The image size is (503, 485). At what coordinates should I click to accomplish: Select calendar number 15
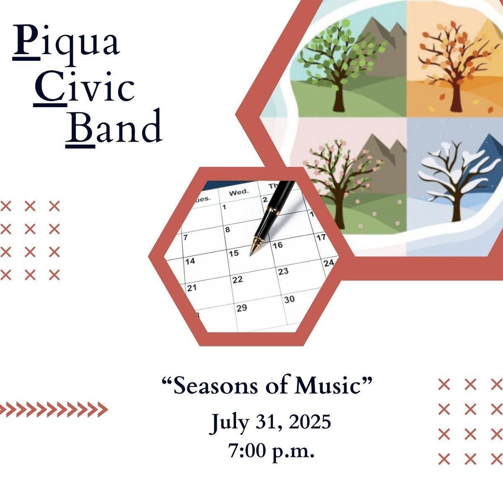233,253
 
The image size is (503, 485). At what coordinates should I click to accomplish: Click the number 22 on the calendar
238,280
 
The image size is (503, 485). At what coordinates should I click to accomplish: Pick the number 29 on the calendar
242,308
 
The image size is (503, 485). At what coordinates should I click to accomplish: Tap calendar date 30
290,299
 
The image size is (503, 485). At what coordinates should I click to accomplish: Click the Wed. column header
239,192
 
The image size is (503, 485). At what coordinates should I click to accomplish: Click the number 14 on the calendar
190,261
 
